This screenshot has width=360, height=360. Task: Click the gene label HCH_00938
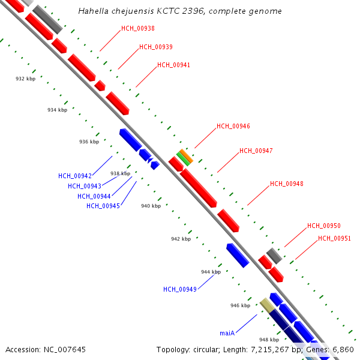pyautogui.click(x=137, y=28)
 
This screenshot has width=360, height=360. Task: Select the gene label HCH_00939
pyautogui.click(x=156, y=47)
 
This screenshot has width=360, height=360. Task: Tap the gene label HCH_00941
pyautogui.click(x=174, y=65)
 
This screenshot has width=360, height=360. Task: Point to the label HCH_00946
pyautogui.click(x=233, y=126)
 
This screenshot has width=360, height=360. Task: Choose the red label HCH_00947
pyautogui.click(x=256, y=151)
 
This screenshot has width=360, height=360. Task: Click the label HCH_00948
pyautogui.click(x=287, y=184)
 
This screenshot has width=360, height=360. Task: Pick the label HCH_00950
pyautogui.click(x=324, y=226)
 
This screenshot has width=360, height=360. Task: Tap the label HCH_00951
pyautogui.click(x=334, y=238)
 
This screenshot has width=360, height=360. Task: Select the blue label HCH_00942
pyautogui.click(x=75, y=176)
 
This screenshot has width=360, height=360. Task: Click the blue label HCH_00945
pyautogui.click(x=103, y=206)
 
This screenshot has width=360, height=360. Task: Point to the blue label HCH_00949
pyautogui.click(x=180, y=289)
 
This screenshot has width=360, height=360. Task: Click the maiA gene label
pyautogui.click(x=227, y=332)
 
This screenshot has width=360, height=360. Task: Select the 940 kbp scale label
pyautogui.click(x=151, y=206)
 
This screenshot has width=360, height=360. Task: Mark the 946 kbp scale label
pyautogui.click(x=240, y=305)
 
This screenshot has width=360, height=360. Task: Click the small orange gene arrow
pyautogui.click(x=186, y=156)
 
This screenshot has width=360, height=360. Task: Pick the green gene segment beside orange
pyautogui.click(x=182, y=160)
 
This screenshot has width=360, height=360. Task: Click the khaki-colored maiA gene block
pyautogui.click(x=266, y=305)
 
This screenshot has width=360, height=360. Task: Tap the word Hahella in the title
pyautogui.click(x=93, y=11)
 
